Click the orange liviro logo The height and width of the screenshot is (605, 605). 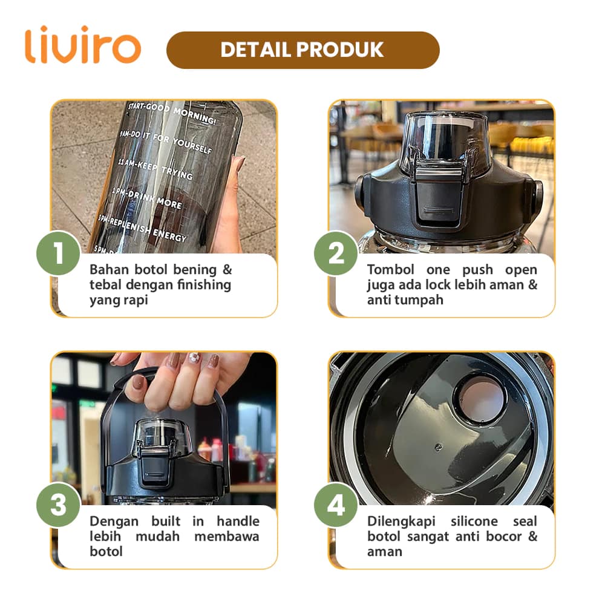point(83,45)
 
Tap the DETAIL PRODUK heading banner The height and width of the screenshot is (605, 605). point(303,50)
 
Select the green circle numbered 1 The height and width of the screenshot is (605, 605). point(58,253)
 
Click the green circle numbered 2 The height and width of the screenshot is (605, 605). point(336,253)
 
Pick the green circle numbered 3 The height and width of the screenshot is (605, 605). point(58,505)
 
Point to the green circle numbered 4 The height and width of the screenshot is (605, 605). point(336,505)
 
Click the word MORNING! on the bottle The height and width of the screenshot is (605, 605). point(194,116)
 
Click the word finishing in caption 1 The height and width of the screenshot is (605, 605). point(204,285)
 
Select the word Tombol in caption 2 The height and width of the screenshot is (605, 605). point(390,269)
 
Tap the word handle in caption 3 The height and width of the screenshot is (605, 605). point(238,522)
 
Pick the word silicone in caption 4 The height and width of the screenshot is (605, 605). point(474,522)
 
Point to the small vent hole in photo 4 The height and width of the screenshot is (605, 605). point(438,447)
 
